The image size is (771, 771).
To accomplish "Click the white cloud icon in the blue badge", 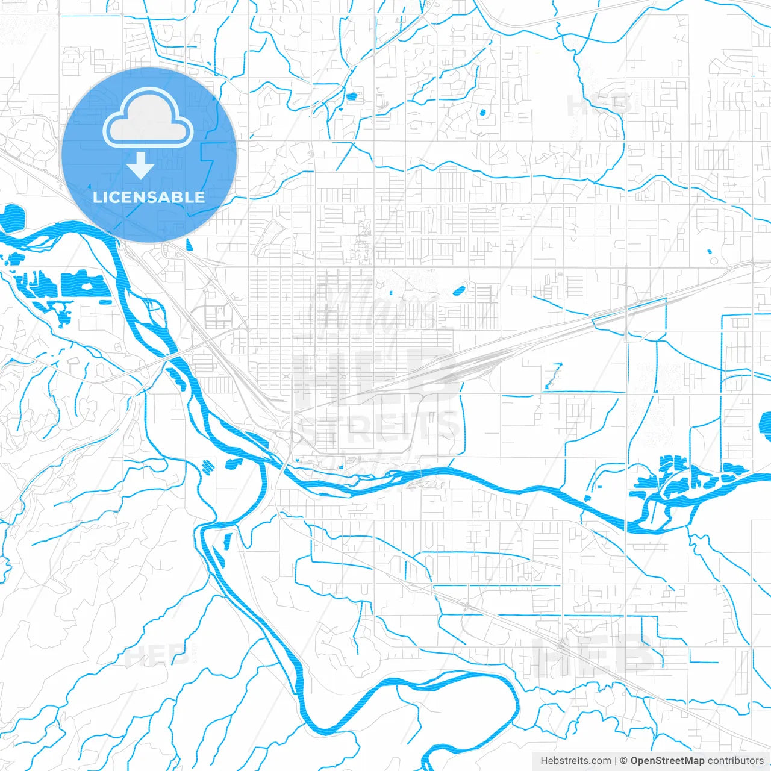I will (x=148, y=118).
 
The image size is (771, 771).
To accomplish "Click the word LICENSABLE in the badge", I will (x=149, y=197).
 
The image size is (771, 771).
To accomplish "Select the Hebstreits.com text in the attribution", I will (x=575, y=761).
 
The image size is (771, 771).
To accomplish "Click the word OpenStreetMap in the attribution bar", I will (x=667, y=761).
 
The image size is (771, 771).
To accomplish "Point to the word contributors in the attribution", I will (x=735, y=761).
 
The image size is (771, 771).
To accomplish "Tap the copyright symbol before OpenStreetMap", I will (x=623, y=761).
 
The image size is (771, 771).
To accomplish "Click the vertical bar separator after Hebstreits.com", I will (x=616, y=761).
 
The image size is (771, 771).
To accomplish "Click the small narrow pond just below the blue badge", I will (x=189, y=245).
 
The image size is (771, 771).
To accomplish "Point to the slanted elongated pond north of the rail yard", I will (x=458, y=291).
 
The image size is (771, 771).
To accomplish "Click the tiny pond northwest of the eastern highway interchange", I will (x=708, y=251).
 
